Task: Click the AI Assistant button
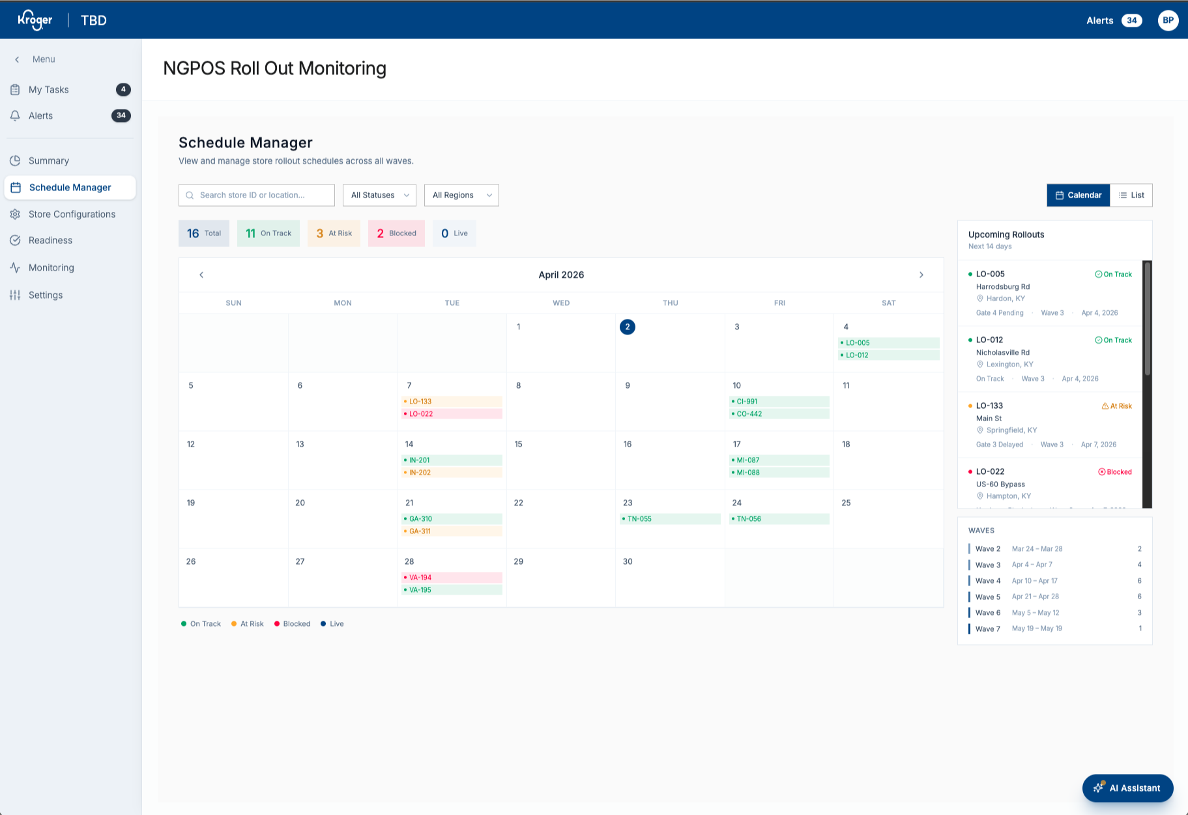coord(1127,788)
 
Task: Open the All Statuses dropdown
coord(379,195)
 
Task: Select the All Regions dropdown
coord(461,195)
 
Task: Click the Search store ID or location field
coord(257,195)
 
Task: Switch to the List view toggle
coord(1131,195)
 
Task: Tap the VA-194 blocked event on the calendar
coord(452,578)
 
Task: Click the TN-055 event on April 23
coord(670,519)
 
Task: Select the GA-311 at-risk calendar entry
coord(452,531)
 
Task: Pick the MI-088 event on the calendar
coord(779,473)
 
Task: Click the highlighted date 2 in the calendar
coord(628,327)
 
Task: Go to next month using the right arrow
coord(921,275)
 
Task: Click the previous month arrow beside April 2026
coord(201,275)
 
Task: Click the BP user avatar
coord(1168,20)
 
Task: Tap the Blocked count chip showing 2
coord(396,233)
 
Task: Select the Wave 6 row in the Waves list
coord(1055,613)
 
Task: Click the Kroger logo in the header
coord(35,20)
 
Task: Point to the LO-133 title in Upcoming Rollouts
coord(989,406)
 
